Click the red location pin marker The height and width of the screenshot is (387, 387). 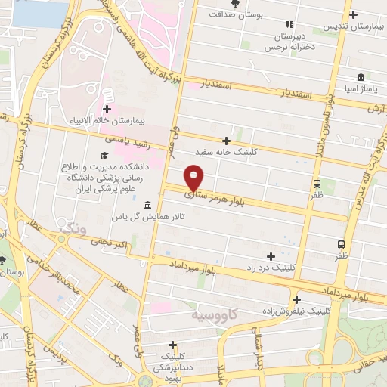tap(194, 178)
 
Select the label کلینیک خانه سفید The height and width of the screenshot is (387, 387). tap(226, 151)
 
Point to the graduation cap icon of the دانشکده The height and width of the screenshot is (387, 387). tap(104, 156)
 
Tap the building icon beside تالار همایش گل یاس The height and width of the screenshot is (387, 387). tap(147, 205)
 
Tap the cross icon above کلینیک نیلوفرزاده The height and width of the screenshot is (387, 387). tap(297, 299)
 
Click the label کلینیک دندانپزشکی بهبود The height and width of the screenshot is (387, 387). tap(174, 366)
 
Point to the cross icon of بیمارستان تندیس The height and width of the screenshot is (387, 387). tap(353, 14)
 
